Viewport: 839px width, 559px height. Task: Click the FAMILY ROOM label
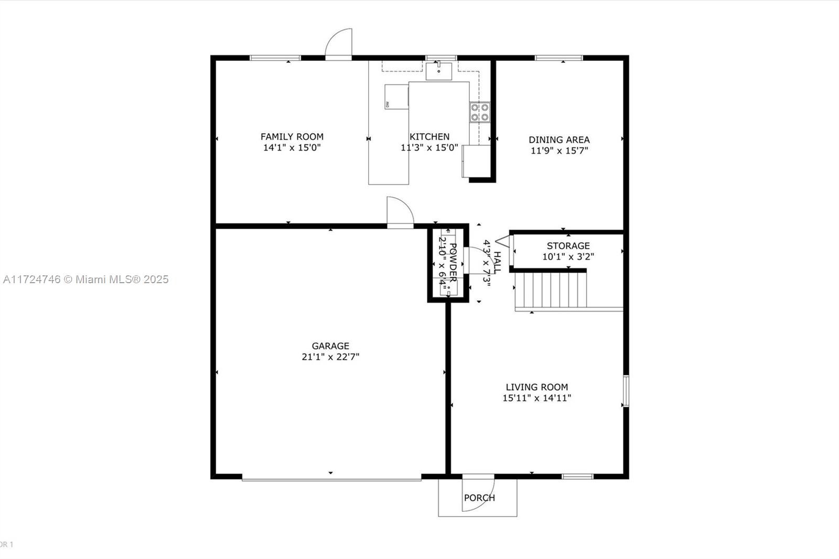coord(292,137)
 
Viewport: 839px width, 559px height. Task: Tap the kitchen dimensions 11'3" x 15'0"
coord(429,148)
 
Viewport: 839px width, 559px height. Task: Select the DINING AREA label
coord(559,139)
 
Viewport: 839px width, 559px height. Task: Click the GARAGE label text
coord(330,346)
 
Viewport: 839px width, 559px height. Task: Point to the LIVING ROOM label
coord(536,387)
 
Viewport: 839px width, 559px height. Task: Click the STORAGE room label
coord(568,246)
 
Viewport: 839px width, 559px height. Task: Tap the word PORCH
coord(479,498)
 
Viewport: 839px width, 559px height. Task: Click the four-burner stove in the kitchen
coord(479,112)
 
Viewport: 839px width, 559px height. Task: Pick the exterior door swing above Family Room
coord(339,44)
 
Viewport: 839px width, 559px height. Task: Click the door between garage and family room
coord(400,212)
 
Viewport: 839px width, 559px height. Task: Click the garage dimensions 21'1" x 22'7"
coord(330,357)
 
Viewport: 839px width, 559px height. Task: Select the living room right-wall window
coord(626,391)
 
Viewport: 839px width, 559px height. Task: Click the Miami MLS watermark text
coord(86,279)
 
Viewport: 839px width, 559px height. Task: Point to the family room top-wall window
coord(275,58)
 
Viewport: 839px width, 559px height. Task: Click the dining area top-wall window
coord(558,58)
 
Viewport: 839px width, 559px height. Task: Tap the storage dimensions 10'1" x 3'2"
coord(568,257)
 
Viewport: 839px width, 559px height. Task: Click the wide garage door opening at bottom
coord(331,478)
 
